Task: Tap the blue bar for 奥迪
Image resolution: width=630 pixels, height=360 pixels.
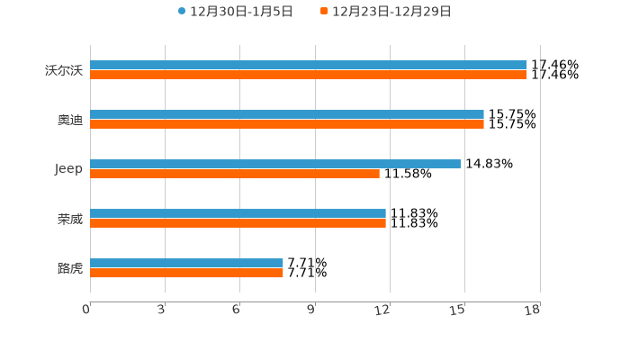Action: click(287, 115)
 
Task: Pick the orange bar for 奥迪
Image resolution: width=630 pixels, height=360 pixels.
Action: click(287, 125)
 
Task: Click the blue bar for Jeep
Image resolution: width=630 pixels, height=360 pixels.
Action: click(275, 165)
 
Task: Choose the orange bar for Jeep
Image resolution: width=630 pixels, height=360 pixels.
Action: click(235, 175)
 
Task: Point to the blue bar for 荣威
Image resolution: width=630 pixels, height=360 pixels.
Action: click(238, 214)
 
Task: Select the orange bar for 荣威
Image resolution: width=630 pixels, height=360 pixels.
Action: click(238, 224)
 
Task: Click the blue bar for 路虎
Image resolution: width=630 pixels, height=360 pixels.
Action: click(186, 264)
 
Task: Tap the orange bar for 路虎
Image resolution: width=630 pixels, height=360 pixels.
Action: click(186, 274)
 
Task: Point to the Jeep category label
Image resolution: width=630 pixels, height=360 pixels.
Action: click(68, 169)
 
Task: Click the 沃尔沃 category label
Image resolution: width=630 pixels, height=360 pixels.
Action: click(64, 70)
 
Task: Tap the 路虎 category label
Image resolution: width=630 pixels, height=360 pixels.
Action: click(69, 268)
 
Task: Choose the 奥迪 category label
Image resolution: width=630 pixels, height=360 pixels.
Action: click(69, 120)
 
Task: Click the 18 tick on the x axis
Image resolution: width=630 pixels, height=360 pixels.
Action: click(533, 310)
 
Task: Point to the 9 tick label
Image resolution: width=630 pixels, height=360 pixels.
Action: click(311, 310)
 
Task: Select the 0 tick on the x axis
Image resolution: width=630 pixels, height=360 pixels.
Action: click(86, 310)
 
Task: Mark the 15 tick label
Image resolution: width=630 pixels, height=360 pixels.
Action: click(458, 310)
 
